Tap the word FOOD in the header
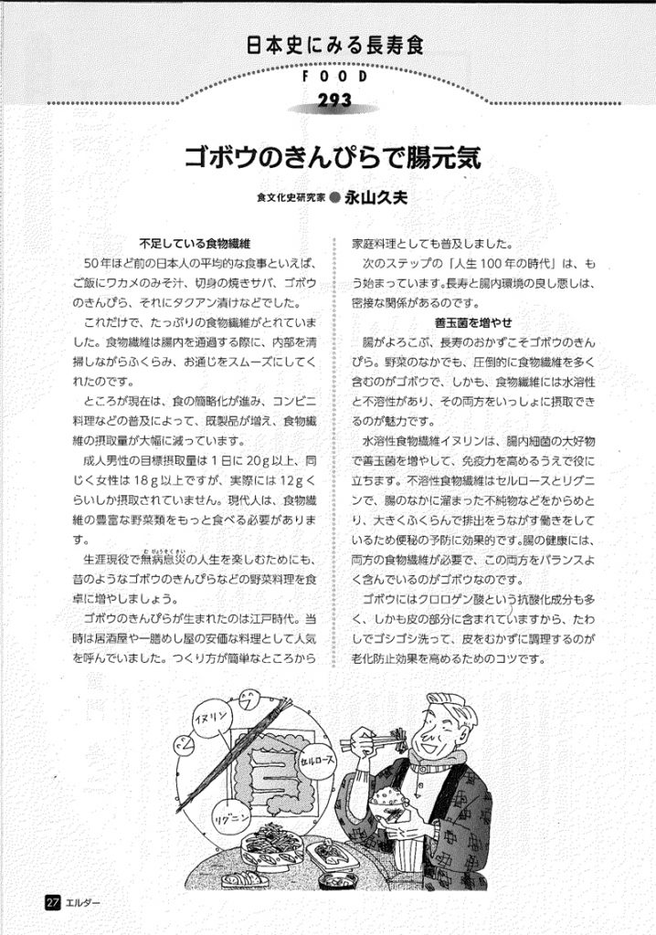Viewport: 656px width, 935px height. tap(333, 78)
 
